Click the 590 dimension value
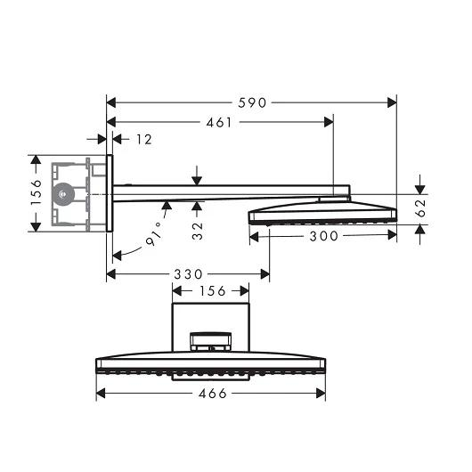[252, 103]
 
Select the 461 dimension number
[219, 123]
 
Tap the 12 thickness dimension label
[144, 139]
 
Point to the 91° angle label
[154, 234]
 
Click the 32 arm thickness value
[198, 231]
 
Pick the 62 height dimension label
[420, 208]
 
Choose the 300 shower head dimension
[323, 236]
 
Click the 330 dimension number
[189, 274]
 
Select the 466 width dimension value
[213, 394]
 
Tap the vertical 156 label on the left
[36, 192]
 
